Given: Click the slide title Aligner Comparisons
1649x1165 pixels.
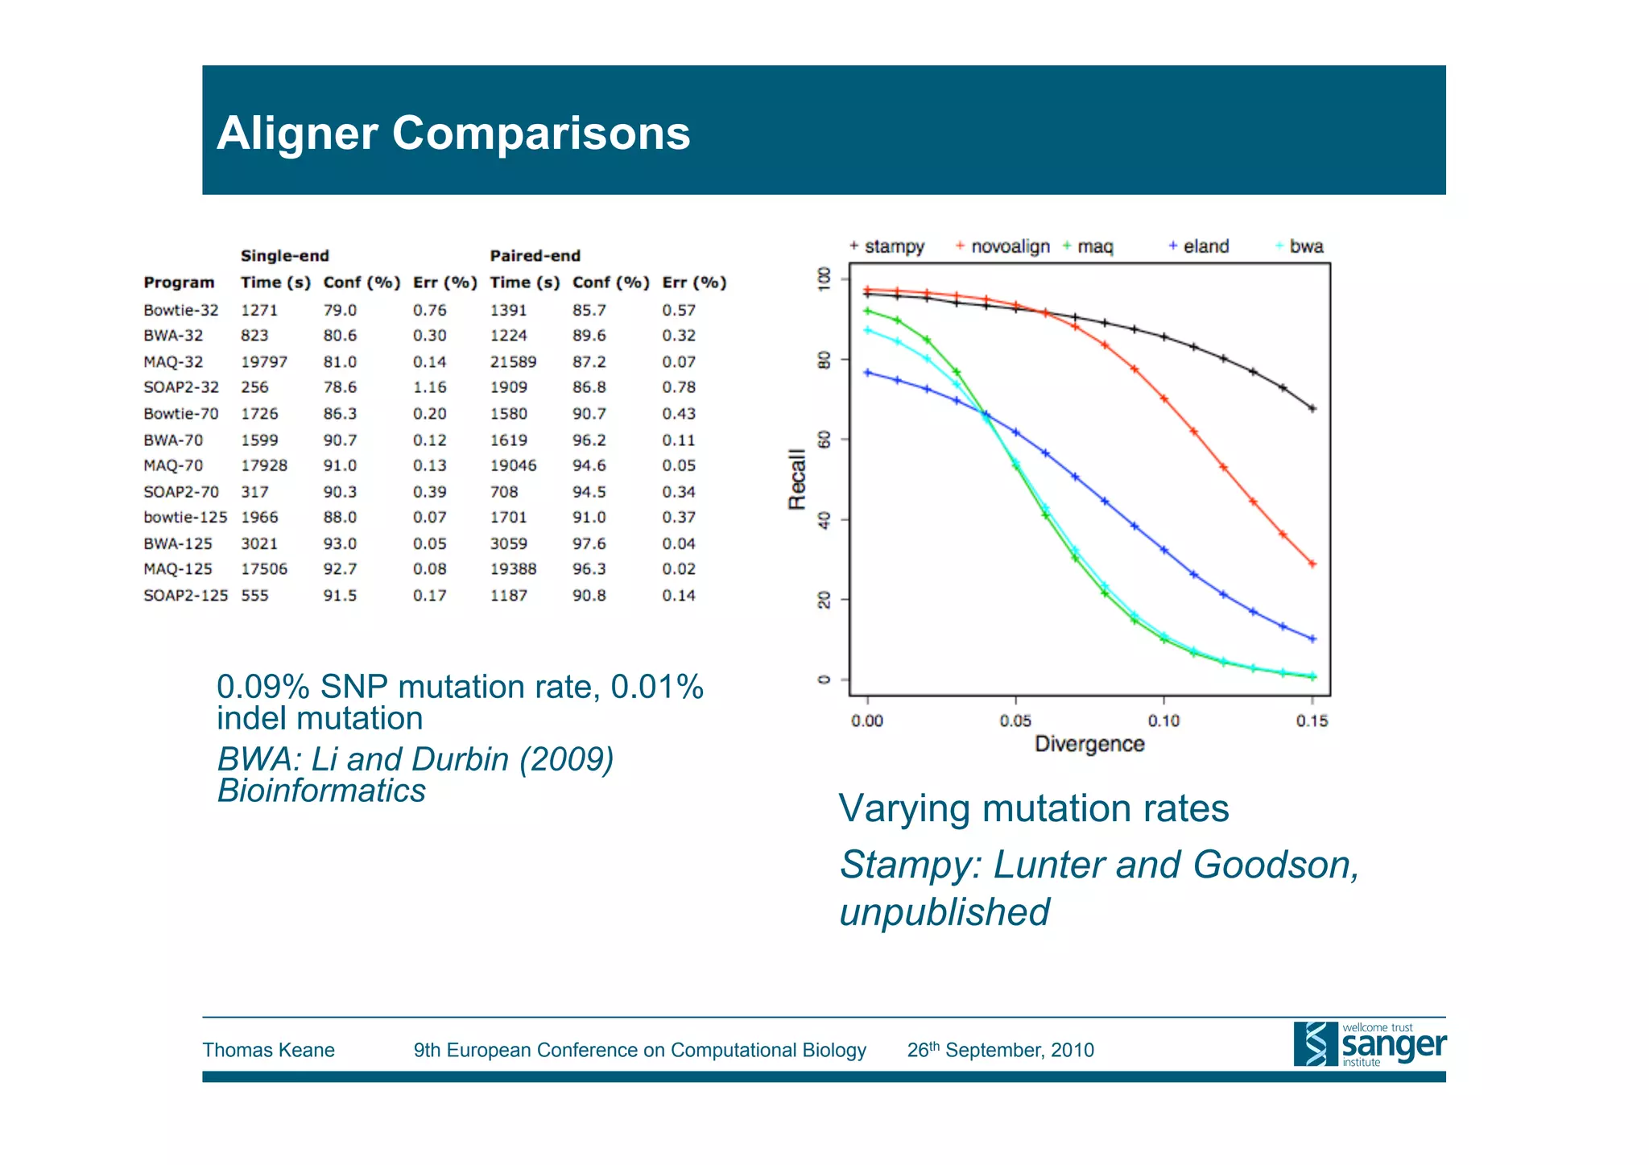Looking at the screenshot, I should coord(453,134).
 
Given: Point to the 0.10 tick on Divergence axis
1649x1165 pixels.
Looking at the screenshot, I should coord(1163,721).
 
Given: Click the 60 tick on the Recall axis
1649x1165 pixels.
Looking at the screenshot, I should coord(824,440).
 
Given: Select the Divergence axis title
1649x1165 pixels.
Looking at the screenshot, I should coord(1089,744).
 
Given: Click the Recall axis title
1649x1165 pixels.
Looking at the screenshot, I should coord(796,479).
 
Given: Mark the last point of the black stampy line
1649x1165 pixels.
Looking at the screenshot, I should coord(1312,409).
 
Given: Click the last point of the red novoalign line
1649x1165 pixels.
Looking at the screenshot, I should coord(1312,564).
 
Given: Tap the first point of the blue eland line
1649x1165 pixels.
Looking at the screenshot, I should coord(867,372).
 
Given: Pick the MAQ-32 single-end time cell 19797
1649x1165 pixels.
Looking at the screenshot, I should coord(263,362).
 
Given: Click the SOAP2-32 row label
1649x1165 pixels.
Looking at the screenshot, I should coord(180,387).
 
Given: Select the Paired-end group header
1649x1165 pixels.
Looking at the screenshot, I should coord(535,256).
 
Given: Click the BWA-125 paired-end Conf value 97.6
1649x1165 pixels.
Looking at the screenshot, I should coord(589,544).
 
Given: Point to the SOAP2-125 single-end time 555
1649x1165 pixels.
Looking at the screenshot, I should coord(254,596).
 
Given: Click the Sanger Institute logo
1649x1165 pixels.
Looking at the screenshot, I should coord(1370,1044).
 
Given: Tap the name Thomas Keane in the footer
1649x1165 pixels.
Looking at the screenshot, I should coord(268,1050).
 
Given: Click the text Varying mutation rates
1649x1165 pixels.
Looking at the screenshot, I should coord(1033,808).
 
